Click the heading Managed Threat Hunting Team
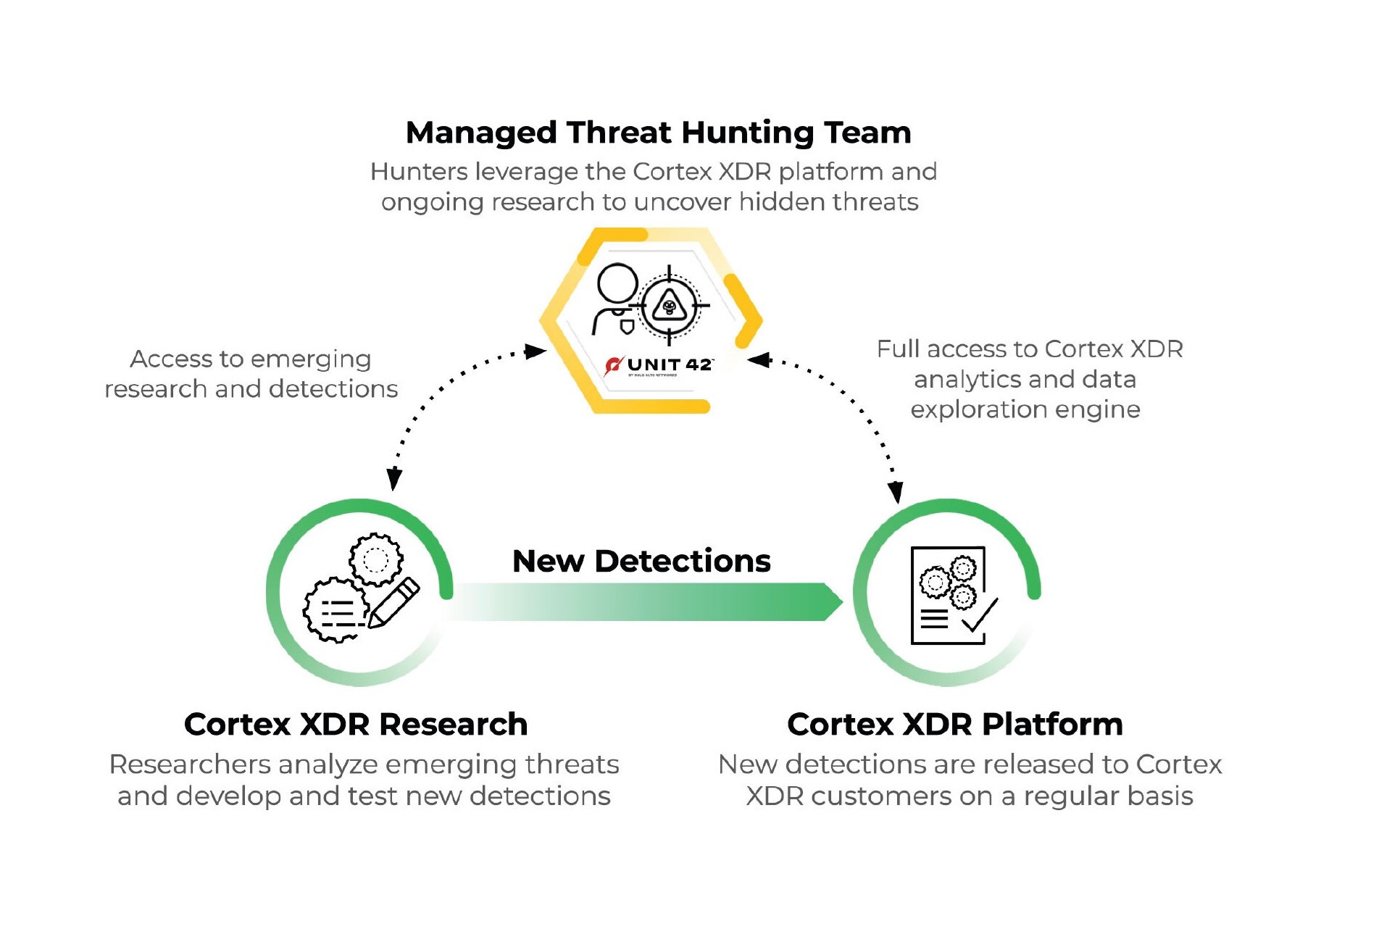point(658,133)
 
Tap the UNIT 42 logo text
point(669,364)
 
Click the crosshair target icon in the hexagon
point(670,305)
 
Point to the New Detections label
point(641,561)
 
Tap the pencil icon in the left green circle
point(394,601)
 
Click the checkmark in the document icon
point(980,616)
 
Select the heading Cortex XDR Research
point(356,724)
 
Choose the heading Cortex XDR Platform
point(955,724)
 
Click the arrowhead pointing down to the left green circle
point(394,479)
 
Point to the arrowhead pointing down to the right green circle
point(896,491)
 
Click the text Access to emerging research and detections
point(251,374)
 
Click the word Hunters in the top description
point(419,172)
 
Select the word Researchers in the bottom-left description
point(190,764)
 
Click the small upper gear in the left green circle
point(375,559)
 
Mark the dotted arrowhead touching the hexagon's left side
point(535,351)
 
